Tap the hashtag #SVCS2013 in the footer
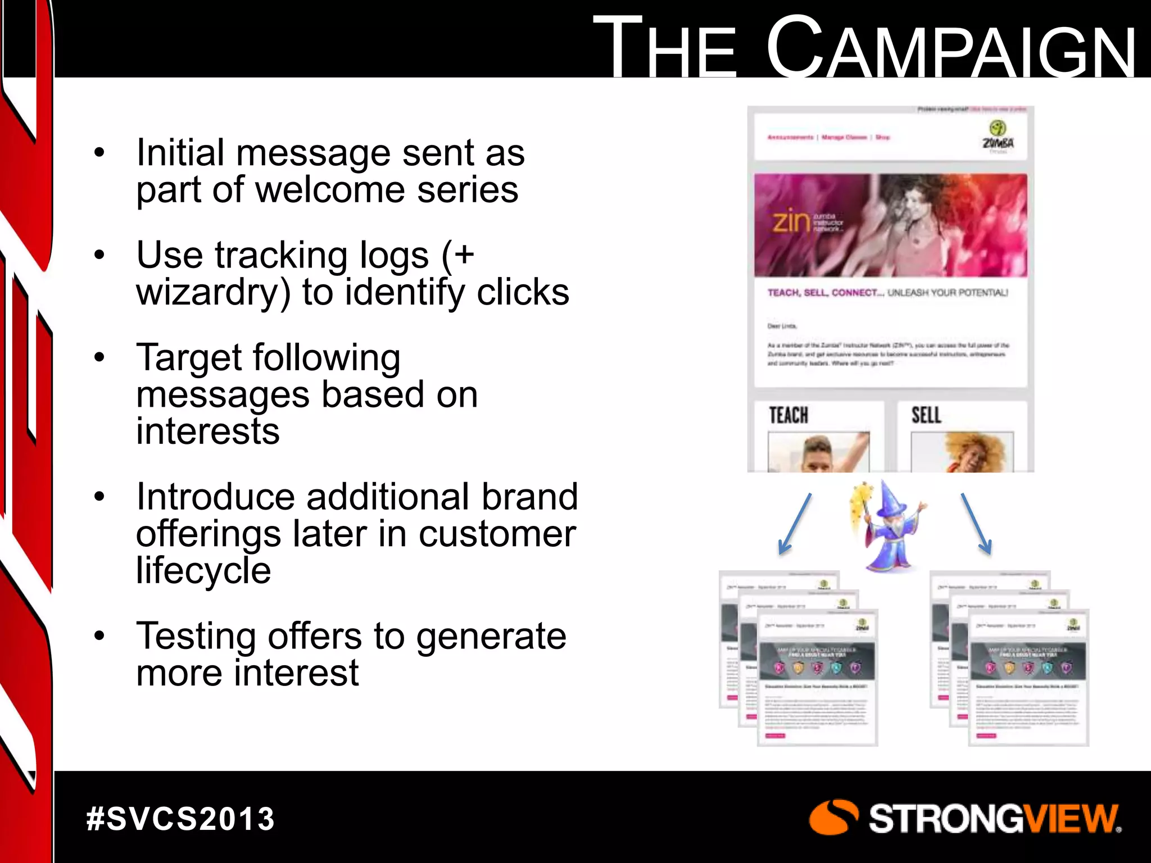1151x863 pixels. (180, 819)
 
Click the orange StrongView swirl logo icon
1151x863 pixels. (833, 817)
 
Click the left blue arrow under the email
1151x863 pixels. (795, 523)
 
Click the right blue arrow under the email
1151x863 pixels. (976, 523)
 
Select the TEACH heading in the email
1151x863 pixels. (789, 416)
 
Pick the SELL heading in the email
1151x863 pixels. (926, 416)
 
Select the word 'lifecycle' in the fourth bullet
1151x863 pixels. (203, 571)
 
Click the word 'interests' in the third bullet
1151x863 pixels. (208, 431)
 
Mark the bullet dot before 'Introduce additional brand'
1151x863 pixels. (99, 497)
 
